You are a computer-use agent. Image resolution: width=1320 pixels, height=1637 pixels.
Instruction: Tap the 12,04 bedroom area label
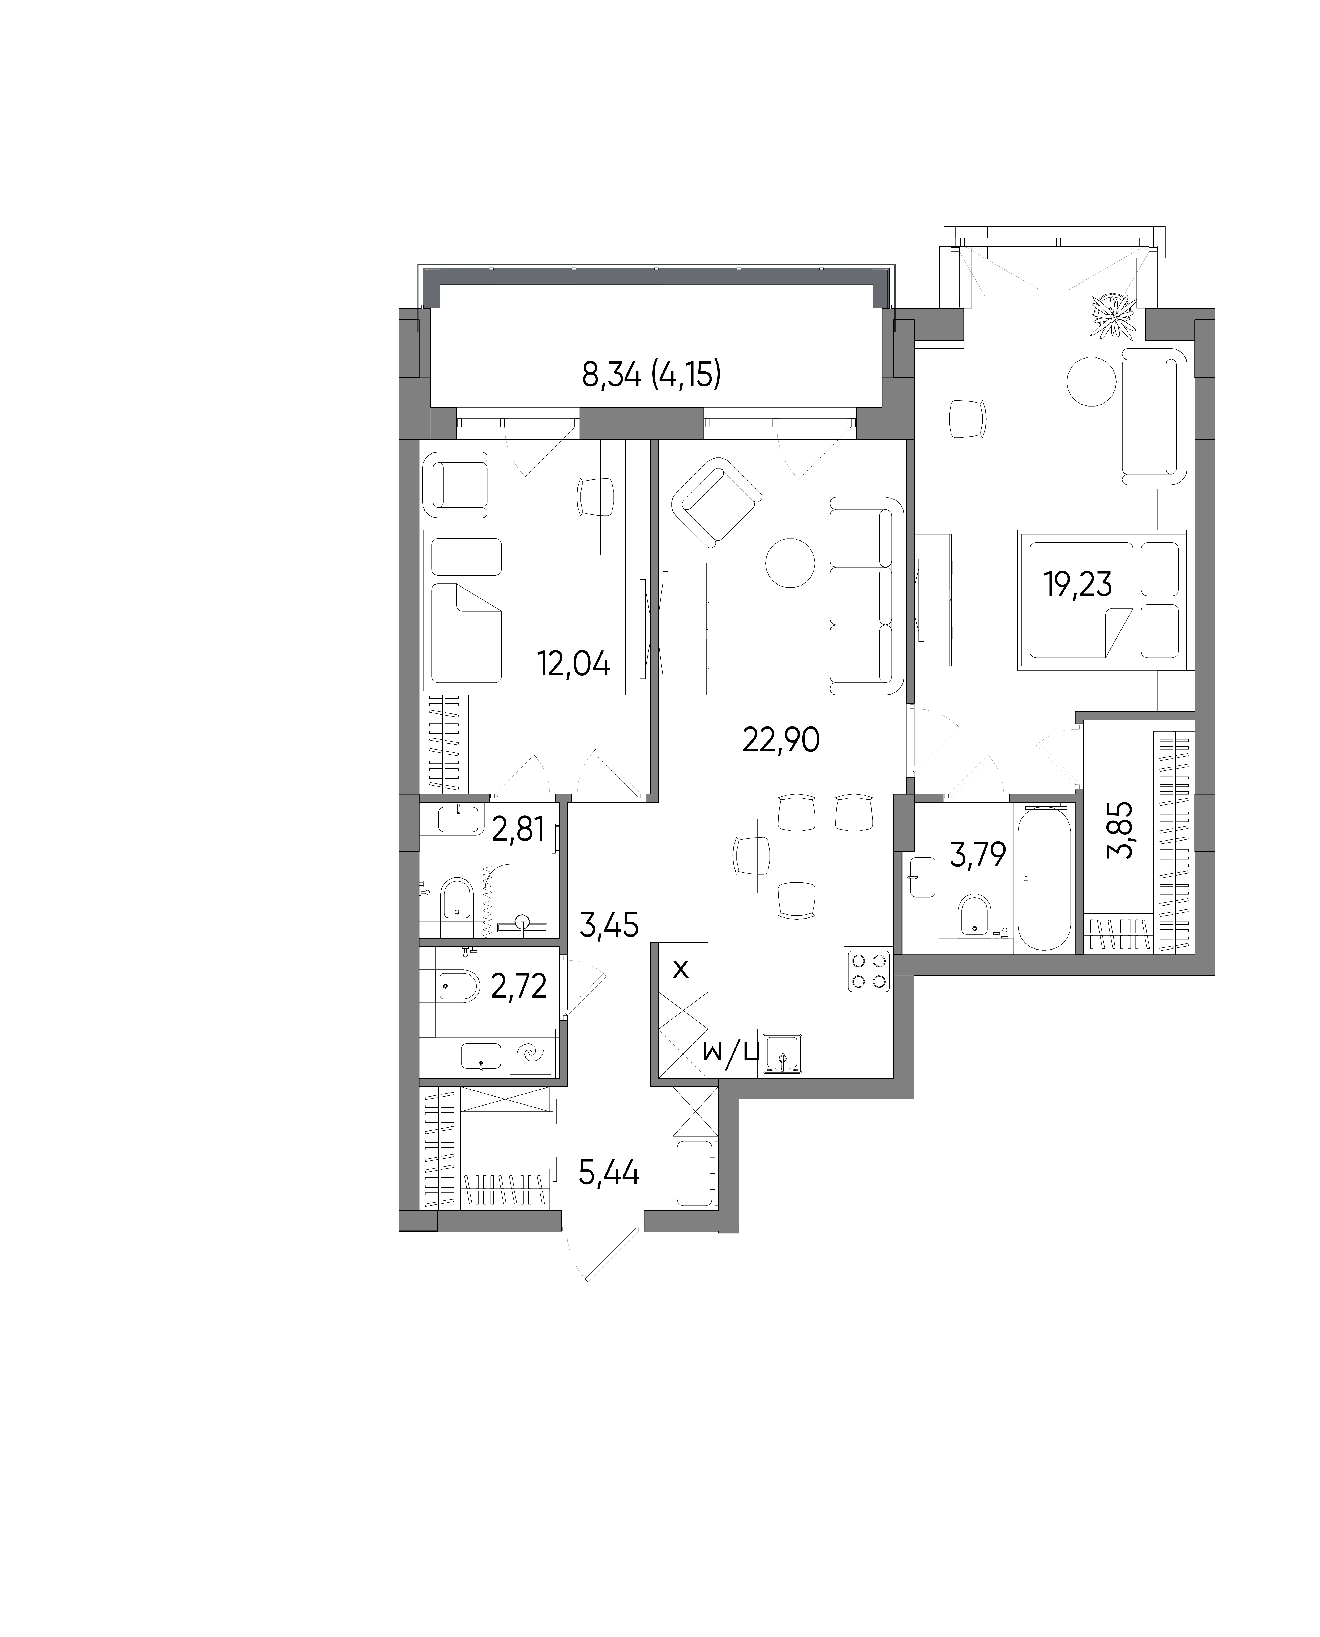click(x=574, y=664)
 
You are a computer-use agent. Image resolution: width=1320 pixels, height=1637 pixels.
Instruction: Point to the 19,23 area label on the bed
click(x=1078, y=585)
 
